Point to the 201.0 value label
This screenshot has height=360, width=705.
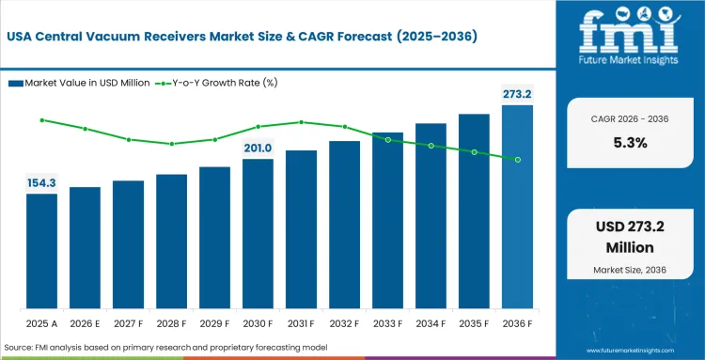click(258, 148)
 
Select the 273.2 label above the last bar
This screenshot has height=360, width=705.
click(516, 94)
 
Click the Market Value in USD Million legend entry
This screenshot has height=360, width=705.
click(79, 84)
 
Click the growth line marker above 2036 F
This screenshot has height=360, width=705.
click(517, 160)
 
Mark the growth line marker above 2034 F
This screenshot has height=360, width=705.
click(431, 146)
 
